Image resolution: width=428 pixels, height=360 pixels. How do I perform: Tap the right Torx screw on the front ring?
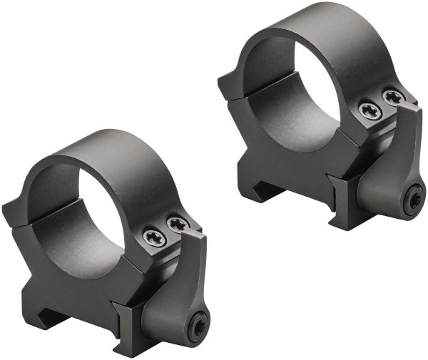click(x=177, y=225)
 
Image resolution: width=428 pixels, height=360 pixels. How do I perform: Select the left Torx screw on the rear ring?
click(x=370, y=109)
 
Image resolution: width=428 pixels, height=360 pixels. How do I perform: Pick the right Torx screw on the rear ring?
click(x=393, y=96)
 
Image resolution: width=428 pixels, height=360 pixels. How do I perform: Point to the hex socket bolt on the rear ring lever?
click(x=414, y=201)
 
